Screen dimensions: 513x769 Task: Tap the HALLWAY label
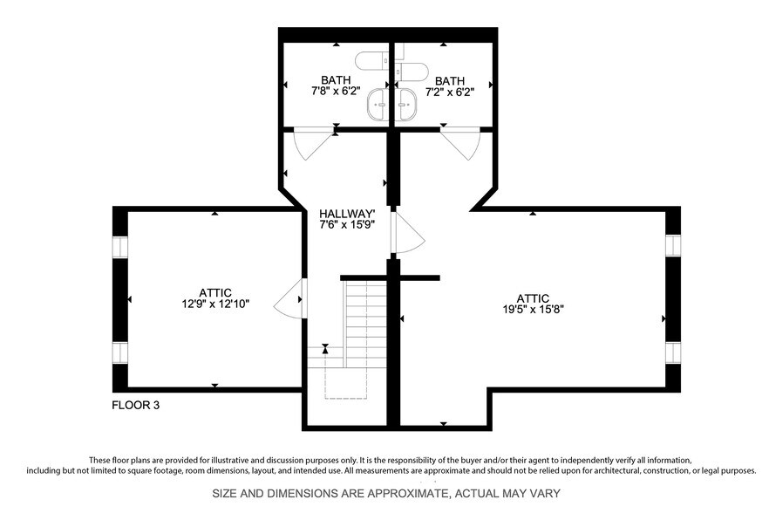[347, 214]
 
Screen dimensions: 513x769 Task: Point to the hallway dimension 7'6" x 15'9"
[347, 225]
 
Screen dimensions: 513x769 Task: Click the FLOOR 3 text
[136, 405]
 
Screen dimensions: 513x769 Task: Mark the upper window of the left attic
[119, 248]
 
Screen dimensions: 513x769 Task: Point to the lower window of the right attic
[672, 352]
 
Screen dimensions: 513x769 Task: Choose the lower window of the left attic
[119, 352]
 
